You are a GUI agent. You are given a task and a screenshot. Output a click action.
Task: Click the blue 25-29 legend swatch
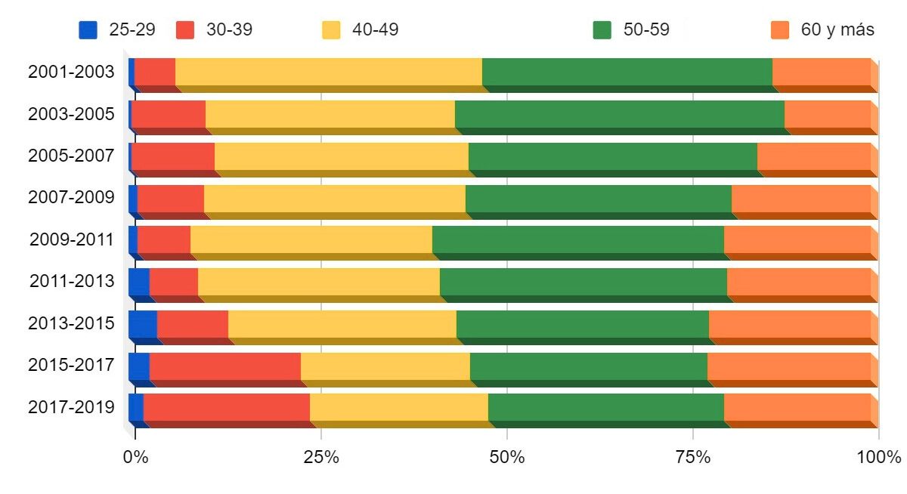coord(88,29)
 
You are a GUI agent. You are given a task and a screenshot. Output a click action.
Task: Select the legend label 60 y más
coord(837,29)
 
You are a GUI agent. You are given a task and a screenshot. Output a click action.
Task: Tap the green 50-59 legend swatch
coord(602,29)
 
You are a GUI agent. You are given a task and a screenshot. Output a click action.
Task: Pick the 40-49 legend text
coord(375,29)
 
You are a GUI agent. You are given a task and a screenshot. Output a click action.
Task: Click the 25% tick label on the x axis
coord(321,457)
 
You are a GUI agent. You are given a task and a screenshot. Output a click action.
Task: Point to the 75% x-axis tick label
coord(693,457)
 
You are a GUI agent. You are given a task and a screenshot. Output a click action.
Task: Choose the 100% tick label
coord(879,457)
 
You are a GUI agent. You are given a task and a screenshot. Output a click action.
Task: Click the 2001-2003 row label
coord(71,73)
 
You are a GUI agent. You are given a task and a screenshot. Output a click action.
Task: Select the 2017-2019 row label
coord(71,407)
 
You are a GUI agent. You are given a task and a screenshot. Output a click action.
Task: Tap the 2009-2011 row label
coord(71,240)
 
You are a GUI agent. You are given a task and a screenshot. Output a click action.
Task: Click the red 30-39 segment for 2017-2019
coord(226,407)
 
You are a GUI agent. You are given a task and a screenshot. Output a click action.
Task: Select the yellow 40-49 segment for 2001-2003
coord(328,72)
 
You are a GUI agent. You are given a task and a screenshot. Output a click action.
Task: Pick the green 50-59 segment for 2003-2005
coord(619,114)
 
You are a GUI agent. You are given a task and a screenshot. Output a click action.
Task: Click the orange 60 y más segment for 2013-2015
coord(789,323)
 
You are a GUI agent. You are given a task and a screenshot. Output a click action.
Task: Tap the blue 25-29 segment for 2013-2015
coord(142,323)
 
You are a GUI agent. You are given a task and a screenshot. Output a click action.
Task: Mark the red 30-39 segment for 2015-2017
coord(224,366)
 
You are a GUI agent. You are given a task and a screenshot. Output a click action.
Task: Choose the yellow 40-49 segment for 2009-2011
coord(311,239)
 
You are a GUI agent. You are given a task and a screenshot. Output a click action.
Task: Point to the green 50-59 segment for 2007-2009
coord(598,198)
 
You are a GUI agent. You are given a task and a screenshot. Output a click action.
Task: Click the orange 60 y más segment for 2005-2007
coord(813,156)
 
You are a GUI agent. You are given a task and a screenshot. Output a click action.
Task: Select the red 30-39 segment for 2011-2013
coord(173,281)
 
